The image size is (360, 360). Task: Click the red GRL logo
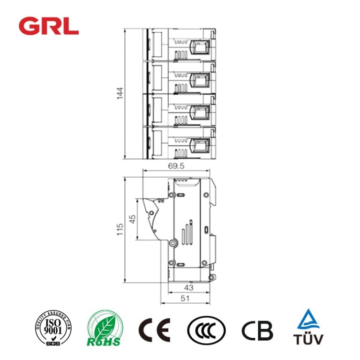pyautogui.click(x=49, y=25)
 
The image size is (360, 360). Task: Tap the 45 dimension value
pyautogui.click(x=133, y=220)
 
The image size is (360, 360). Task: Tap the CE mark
pyautogui.click(x=154, y=330)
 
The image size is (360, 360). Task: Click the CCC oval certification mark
pyautogui.click(x=206, y=330)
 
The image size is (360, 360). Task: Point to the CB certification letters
pyautogui.click(x=257, y=330)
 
